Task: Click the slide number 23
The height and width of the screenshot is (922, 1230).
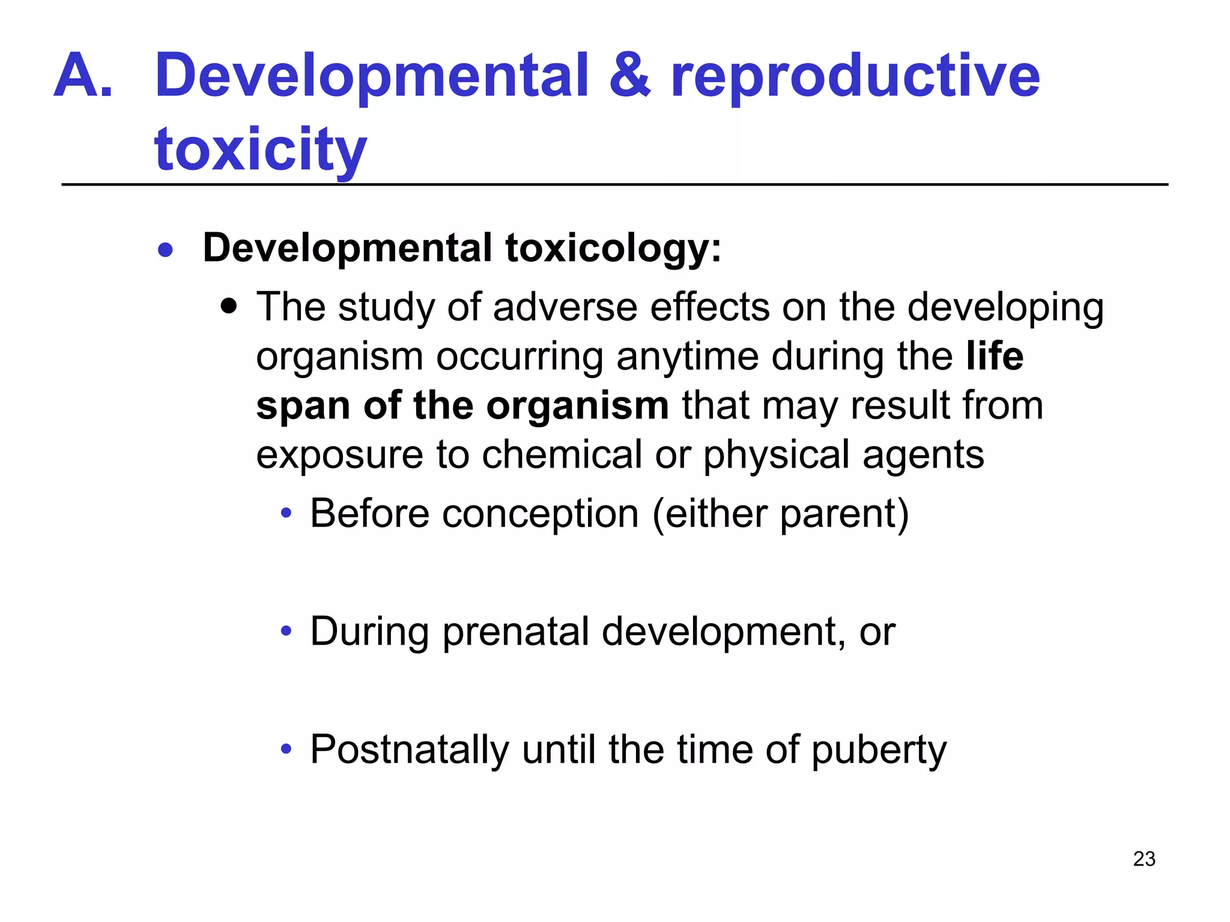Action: coord(1144,859)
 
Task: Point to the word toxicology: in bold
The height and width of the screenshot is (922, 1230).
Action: coord(613,249)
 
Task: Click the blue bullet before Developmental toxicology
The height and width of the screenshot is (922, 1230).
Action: coord(165,250)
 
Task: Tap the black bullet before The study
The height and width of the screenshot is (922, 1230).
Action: coord(229,307)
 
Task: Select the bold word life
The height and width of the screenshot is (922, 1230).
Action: coord(995,356)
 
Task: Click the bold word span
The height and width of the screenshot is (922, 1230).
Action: coord(303,407)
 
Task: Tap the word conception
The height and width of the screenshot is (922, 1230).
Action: coord(540,514)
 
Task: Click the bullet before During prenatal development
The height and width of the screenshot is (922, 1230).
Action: coord(286,631)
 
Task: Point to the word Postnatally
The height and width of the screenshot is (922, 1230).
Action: coord(409,750)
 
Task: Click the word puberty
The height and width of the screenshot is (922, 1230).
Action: coord(879,751)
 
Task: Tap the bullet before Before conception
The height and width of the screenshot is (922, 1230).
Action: coord(286,514)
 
